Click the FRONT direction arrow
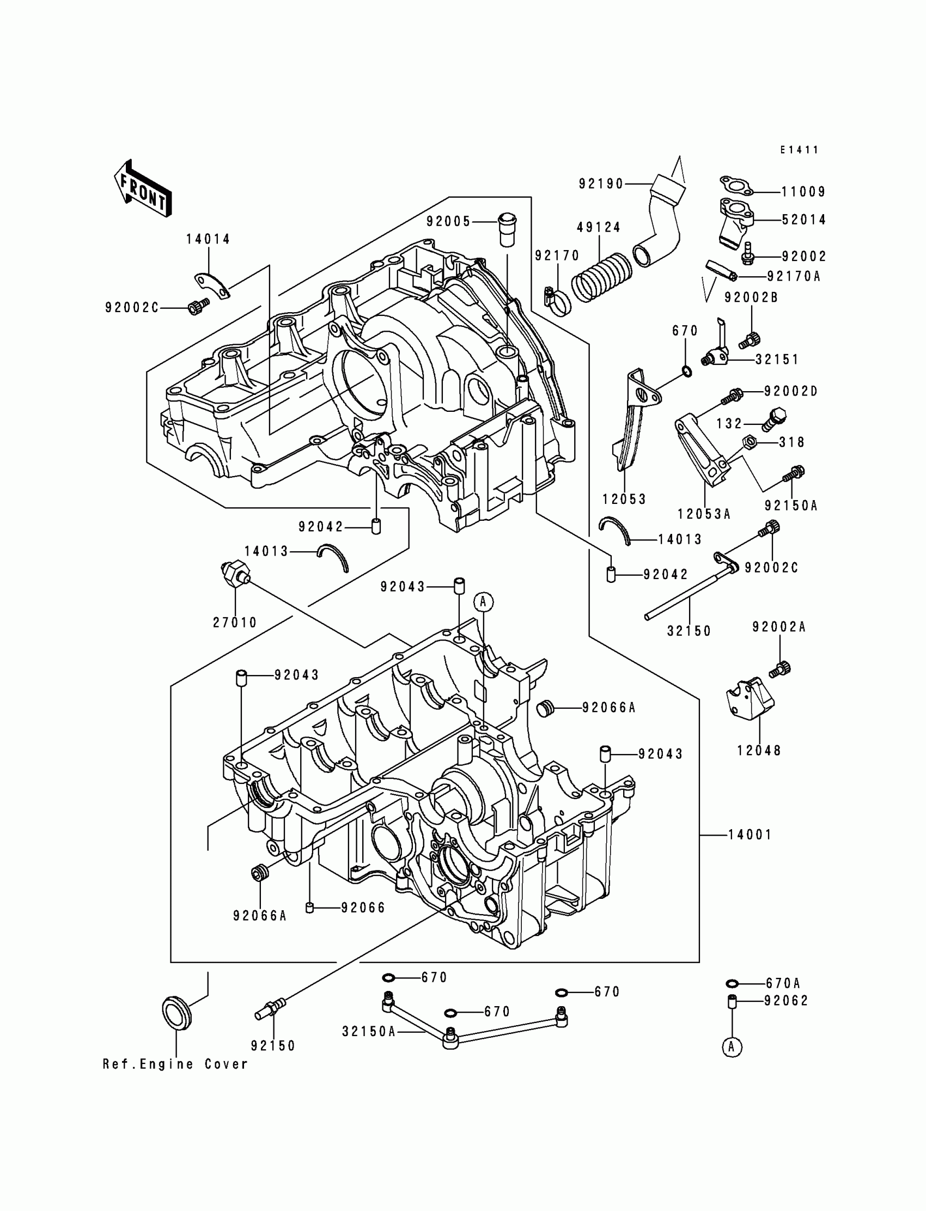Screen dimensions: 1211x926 [143, 189]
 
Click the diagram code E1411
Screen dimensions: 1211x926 [799, 150]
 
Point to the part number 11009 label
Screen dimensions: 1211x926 [803, 192]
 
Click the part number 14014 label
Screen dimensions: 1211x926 [208, 239]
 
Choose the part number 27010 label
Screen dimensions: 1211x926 [235, 622]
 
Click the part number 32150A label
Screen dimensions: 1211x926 [369, 1032]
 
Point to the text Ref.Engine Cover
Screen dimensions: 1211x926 [175, 1064]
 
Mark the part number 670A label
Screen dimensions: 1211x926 [783, 983]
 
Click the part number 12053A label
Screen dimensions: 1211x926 [704, 514]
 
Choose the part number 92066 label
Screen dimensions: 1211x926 [363, 908]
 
